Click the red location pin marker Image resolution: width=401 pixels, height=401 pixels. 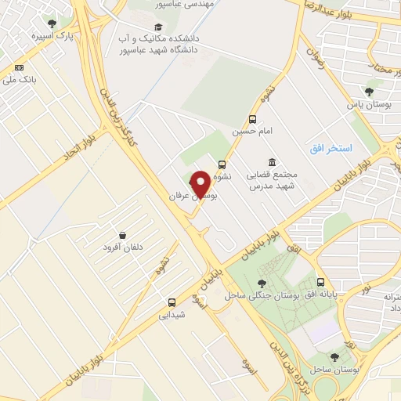[x=200, y=182]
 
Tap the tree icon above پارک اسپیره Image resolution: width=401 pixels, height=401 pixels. [x=52, y=23]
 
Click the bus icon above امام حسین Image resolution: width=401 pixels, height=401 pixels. [x=251, y=120]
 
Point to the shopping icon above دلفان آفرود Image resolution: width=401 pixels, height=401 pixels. [x=123, y=235]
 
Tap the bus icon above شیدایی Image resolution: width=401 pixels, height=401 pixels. [x=172, y=302]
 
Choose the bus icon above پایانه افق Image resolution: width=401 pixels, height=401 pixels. [x=320, y=282]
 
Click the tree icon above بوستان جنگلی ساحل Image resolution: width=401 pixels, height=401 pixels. [x=262, y=283]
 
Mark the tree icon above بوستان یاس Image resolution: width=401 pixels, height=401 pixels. [x=369, y=92]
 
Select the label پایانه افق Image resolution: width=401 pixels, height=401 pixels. [x=321, y=294]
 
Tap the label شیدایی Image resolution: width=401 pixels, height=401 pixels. [x=172, y=316]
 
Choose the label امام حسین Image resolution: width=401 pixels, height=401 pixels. [x=251, y=133]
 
